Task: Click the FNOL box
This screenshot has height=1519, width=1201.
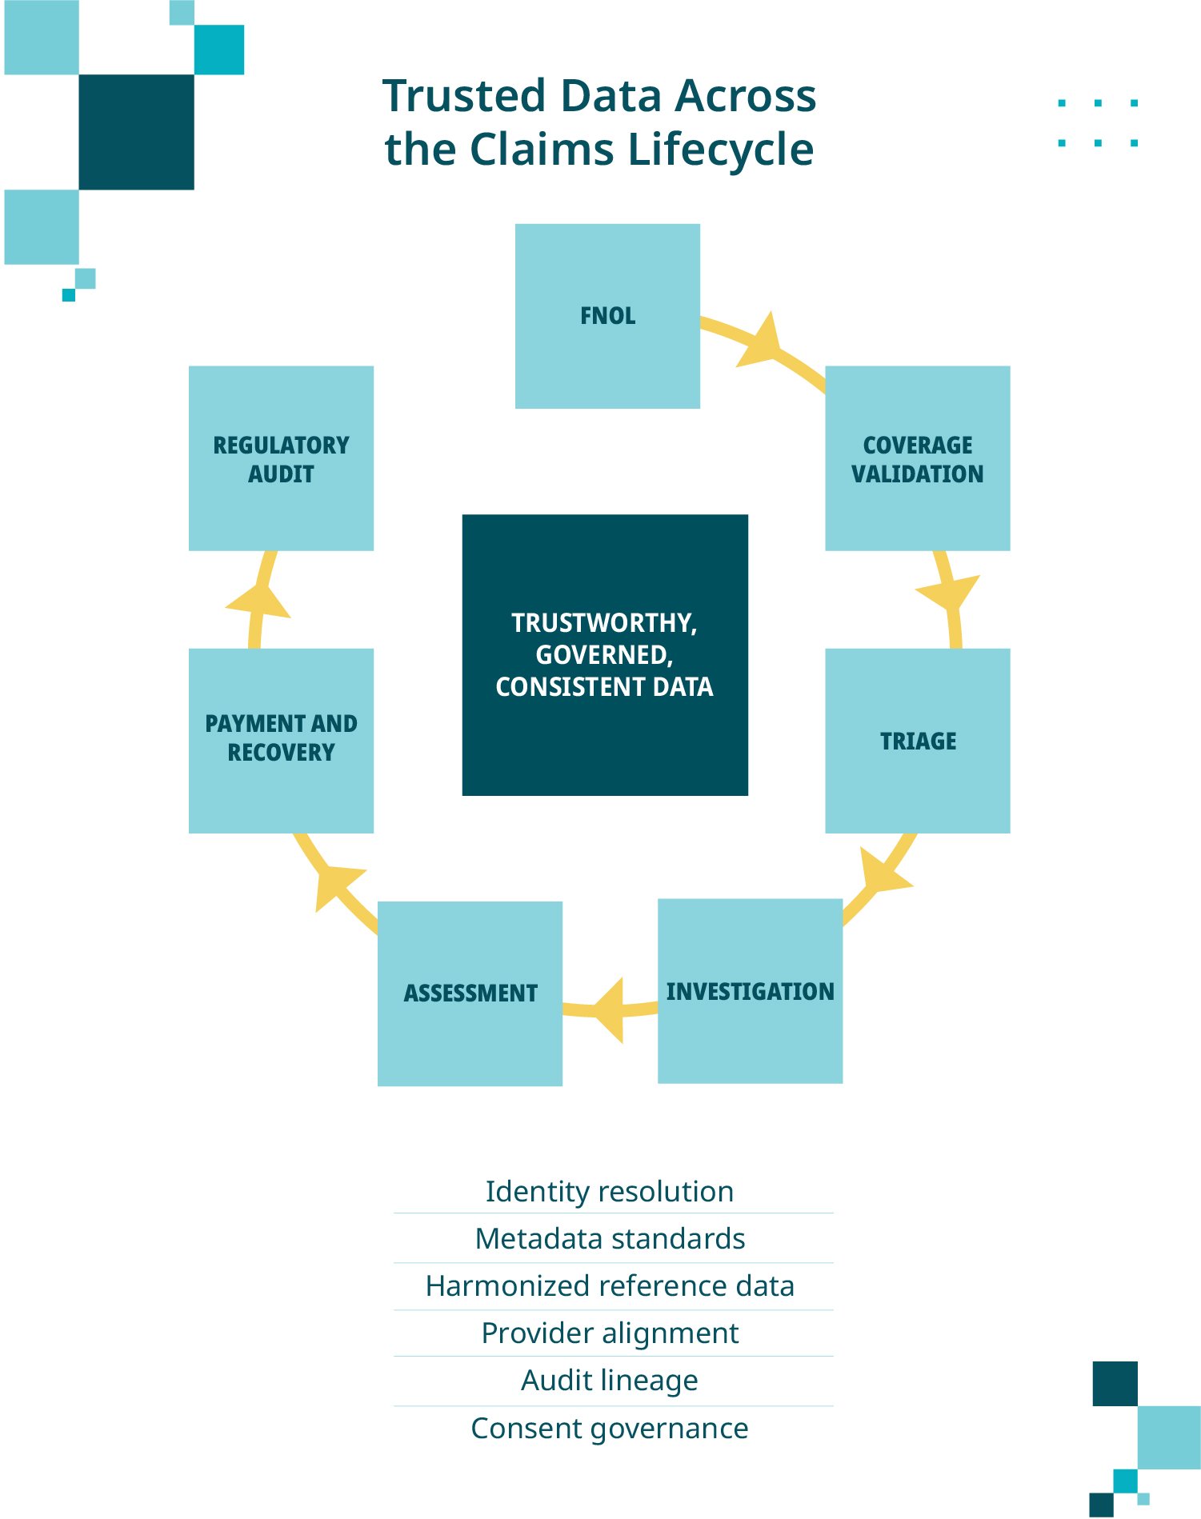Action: click(x=607, y=316)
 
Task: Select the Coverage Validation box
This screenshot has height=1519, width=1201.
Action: click(x=917, y=458)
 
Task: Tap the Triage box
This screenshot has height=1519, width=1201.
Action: click(x=917, y=741)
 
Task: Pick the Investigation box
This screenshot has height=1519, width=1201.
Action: click(x=750, y=991)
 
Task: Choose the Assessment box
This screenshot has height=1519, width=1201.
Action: click(x=470, y=993)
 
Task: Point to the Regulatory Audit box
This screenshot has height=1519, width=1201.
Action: click(x=281, y=458)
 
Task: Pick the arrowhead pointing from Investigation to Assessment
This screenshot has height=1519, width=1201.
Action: click(x=611, y=1009)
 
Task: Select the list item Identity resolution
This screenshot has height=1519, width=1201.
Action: click(x=610, y=1191)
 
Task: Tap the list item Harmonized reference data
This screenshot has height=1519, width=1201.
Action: click(x=610, y=1286)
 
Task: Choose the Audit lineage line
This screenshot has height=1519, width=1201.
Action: click(x=610, y=1381)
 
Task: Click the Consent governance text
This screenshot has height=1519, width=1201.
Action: click(x=610, y=1429)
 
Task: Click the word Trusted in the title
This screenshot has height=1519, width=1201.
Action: click(x=464, y=96)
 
